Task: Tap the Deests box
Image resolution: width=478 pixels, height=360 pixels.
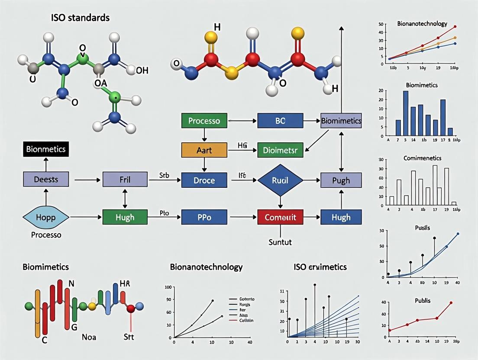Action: coord(46,179)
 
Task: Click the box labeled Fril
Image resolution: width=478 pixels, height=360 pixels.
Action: coord(125,179)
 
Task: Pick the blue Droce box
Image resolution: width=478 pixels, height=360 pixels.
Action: coord(204,180)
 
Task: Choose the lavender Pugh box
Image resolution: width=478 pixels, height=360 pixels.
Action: coord(341,180)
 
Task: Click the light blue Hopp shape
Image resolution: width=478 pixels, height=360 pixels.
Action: coord(45,217)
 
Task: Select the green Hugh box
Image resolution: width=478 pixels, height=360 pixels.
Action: coord(125,217)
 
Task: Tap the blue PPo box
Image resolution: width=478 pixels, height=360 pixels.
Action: coord(204,217)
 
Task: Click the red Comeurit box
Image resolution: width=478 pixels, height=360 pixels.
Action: coord(280,217)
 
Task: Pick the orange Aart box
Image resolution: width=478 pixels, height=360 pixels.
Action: coord(204,150)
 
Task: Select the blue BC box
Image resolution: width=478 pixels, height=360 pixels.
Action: coord(280,121)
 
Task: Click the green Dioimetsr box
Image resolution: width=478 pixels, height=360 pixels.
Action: coord(280,150)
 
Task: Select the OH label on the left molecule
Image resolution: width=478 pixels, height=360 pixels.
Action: coord(142,71)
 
